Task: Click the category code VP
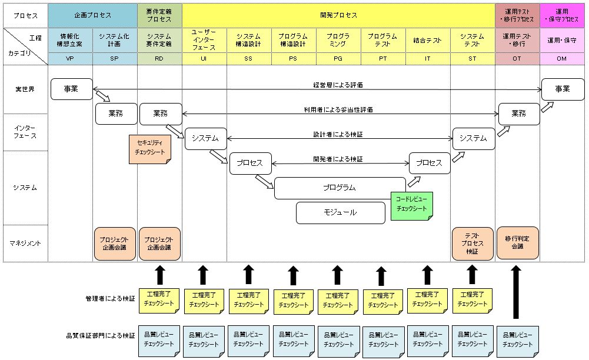tap(70, 59)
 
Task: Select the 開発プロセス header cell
tap(338, 15)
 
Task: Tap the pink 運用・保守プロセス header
tap(563, 15)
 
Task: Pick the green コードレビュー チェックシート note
tap(411, 204)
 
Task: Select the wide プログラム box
tap(340, 188)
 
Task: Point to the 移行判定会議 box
tap(518, 243)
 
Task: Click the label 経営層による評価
tap(338, 85)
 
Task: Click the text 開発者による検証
tap(338, 159)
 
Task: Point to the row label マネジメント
tap(25, 243)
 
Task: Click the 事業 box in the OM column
tap(563, 89)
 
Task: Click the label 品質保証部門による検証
tap(101, 336)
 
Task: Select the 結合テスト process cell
tap(428, 40)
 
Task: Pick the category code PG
tap(338, 59)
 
